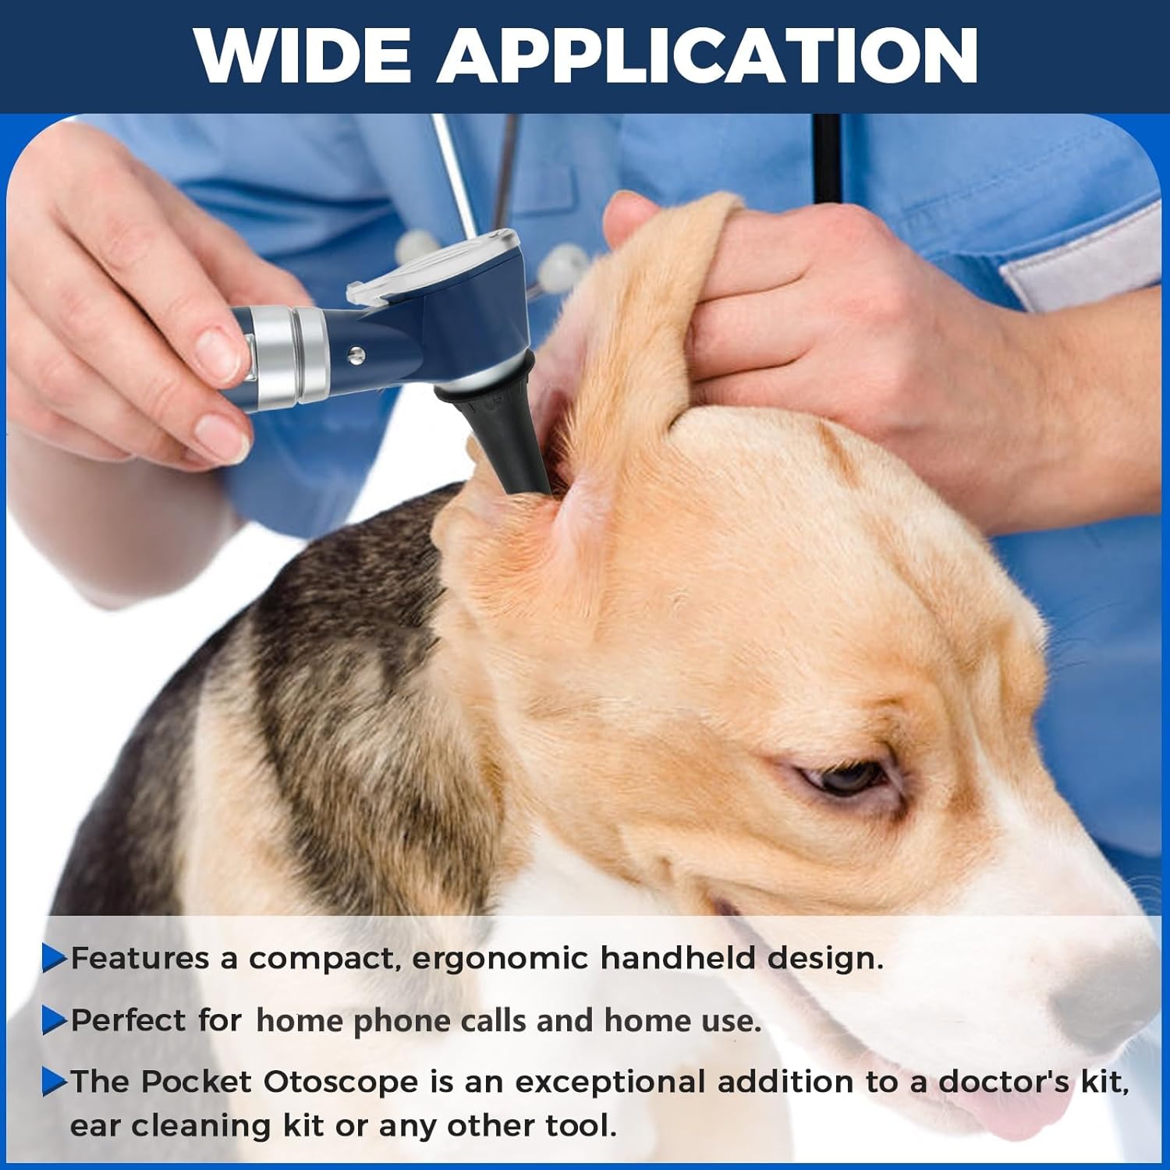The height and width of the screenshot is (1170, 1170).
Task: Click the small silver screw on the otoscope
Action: pos(356,355)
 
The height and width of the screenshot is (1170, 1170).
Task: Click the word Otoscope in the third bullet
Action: pos(341,1082)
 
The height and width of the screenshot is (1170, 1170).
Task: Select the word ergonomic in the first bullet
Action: pos(499,959)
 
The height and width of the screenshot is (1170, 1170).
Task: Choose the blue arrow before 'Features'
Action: pos(55,959)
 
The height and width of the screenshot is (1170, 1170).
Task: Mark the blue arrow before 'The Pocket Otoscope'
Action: pos(55,1082)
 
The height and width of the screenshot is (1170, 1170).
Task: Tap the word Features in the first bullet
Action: pos(140,958)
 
